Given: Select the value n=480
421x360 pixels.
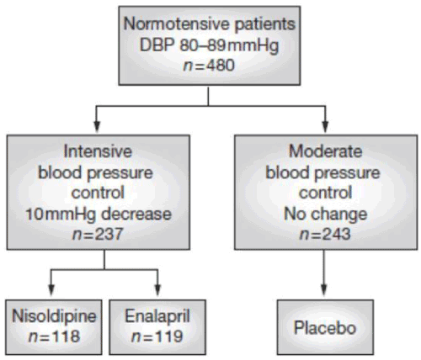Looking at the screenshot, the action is point(209,66).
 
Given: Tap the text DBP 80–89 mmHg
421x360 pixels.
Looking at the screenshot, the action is point(210,45).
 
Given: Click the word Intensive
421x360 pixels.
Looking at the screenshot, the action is point(98,151).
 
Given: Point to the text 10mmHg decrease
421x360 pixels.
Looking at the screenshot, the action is point(99,214).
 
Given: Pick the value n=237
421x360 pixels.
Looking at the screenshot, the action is point(98,234).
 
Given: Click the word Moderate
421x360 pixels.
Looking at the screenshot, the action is point(326,151).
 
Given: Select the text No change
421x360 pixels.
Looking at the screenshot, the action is point(326,214).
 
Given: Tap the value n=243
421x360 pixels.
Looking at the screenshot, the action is point(325,234).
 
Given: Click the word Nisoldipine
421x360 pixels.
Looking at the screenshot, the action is point(54,316).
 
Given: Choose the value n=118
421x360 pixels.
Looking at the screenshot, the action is point(54,336).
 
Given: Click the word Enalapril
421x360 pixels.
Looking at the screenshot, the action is point(157,316).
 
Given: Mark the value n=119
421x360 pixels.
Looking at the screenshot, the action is point(157,336).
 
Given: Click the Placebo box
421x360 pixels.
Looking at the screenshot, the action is point(325,327).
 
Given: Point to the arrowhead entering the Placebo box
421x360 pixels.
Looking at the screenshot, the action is point(324,290).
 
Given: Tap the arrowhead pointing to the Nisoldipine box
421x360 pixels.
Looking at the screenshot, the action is point(51,290).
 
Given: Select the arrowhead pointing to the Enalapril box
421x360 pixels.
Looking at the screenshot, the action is point(157,290).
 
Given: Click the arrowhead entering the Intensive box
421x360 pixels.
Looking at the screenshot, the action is point(97,126).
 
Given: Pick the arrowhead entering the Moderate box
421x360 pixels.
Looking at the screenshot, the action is point(325,126).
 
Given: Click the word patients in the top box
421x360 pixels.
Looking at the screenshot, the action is point(265,24).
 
